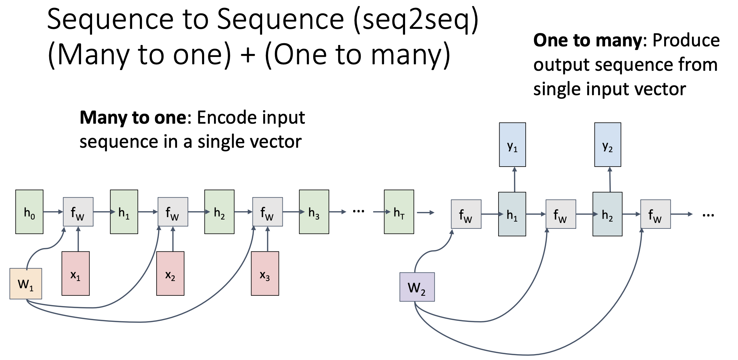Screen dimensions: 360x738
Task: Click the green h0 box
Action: pos(29,212)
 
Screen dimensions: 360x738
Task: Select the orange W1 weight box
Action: pos(26,284)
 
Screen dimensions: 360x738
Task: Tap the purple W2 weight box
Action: pos(417,287)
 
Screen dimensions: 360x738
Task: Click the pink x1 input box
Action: pos(76,273)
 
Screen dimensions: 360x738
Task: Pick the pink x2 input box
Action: pos(170,273)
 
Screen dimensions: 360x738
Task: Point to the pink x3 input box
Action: pos(265,273)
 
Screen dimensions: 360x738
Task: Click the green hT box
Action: pos(399,212)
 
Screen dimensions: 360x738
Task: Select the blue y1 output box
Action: pos(512,145)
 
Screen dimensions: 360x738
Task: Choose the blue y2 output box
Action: pos(607,145)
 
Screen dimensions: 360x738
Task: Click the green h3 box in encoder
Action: pos(314,212)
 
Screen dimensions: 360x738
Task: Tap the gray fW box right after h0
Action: pos(78,212)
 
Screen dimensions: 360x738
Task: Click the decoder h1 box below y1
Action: pos(512,214)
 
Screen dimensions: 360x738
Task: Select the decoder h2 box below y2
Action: pos(607,214)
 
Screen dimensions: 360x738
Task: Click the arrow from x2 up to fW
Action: pos(173,239)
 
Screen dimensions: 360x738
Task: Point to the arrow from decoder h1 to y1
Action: pos(514,179)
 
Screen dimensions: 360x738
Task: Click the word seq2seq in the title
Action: pos(416,19)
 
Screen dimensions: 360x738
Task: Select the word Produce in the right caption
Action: pos(686,41)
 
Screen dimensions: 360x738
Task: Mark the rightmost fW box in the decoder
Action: pos(655,214)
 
